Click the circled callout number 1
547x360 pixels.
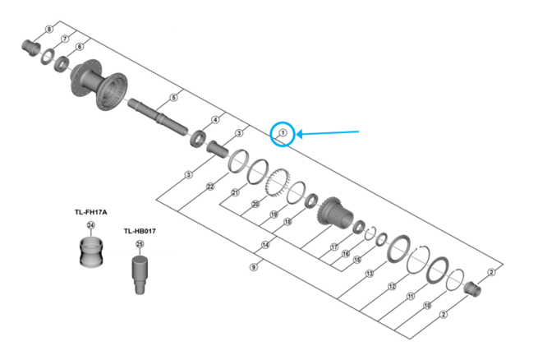283,132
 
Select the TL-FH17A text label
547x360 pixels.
90,212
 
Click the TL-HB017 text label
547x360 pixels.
140,232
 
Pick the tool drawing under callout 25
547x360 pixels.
139,273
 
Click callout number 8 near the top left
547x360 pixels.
48,30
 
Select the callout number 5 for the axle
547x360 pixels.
173,97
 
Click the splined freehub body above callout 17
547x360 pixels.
337,216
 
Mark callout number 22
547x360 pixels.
211,187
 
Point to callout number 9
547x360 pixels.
254,266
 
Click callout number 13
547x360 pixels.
370,272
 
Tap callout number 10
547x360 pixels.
427,305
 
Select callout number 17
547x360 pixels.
334,247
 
